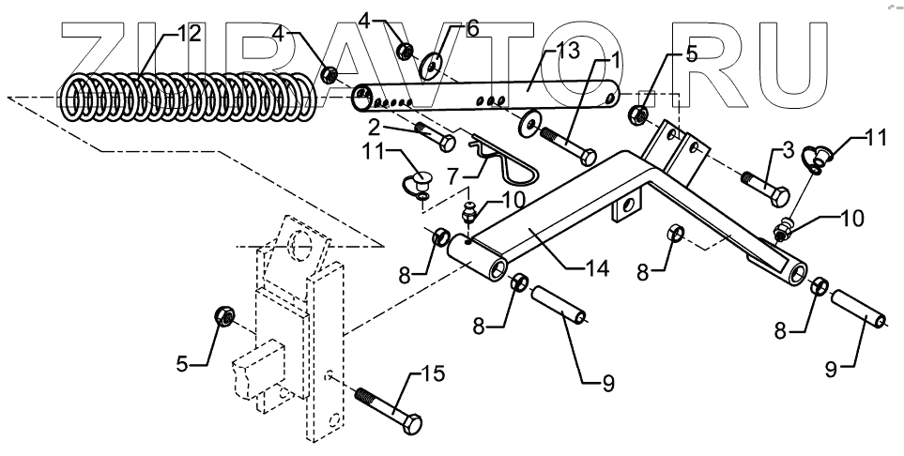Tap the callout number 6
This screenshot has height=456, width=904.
pyautogui.click(x=472, y=29)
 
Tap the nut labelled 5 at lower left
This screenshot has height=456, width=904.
pyautogui.click(x=225, y=317)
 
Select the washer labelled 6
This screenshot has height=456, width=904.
pyautogui.click(x=432, y=64)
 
